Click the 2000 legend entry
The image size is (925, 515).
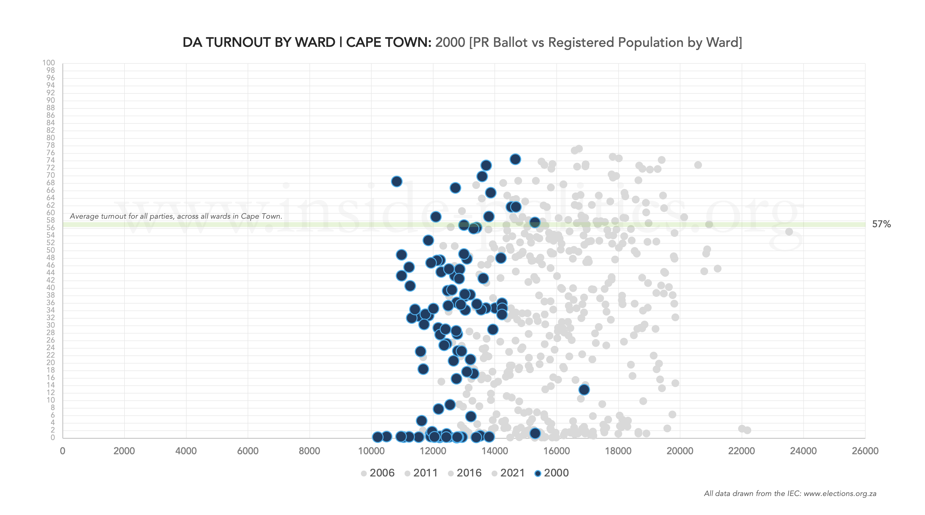[552, 473]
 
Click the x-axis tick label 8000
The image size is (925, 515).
[309, 451]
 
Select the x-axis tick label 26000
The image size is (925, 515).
[865, 451]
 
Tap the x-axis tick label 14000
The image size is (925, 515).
[494, 451]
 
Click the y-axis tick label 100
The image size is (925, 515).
[48, 63]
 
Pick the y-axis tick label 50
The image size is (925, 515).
[50, 250]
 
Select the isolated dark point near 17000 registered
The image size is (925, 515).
[584, 389]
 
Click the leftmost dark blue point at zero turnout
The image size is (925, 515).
[377, 437]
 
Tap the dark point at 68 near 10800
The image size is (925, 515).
[397, 181]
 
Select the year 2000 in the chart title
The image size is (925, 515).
[450, 42]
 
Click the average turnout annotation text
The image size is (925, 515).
[176, 216]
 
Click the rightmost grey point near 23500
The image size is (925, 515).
[789, 232]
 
